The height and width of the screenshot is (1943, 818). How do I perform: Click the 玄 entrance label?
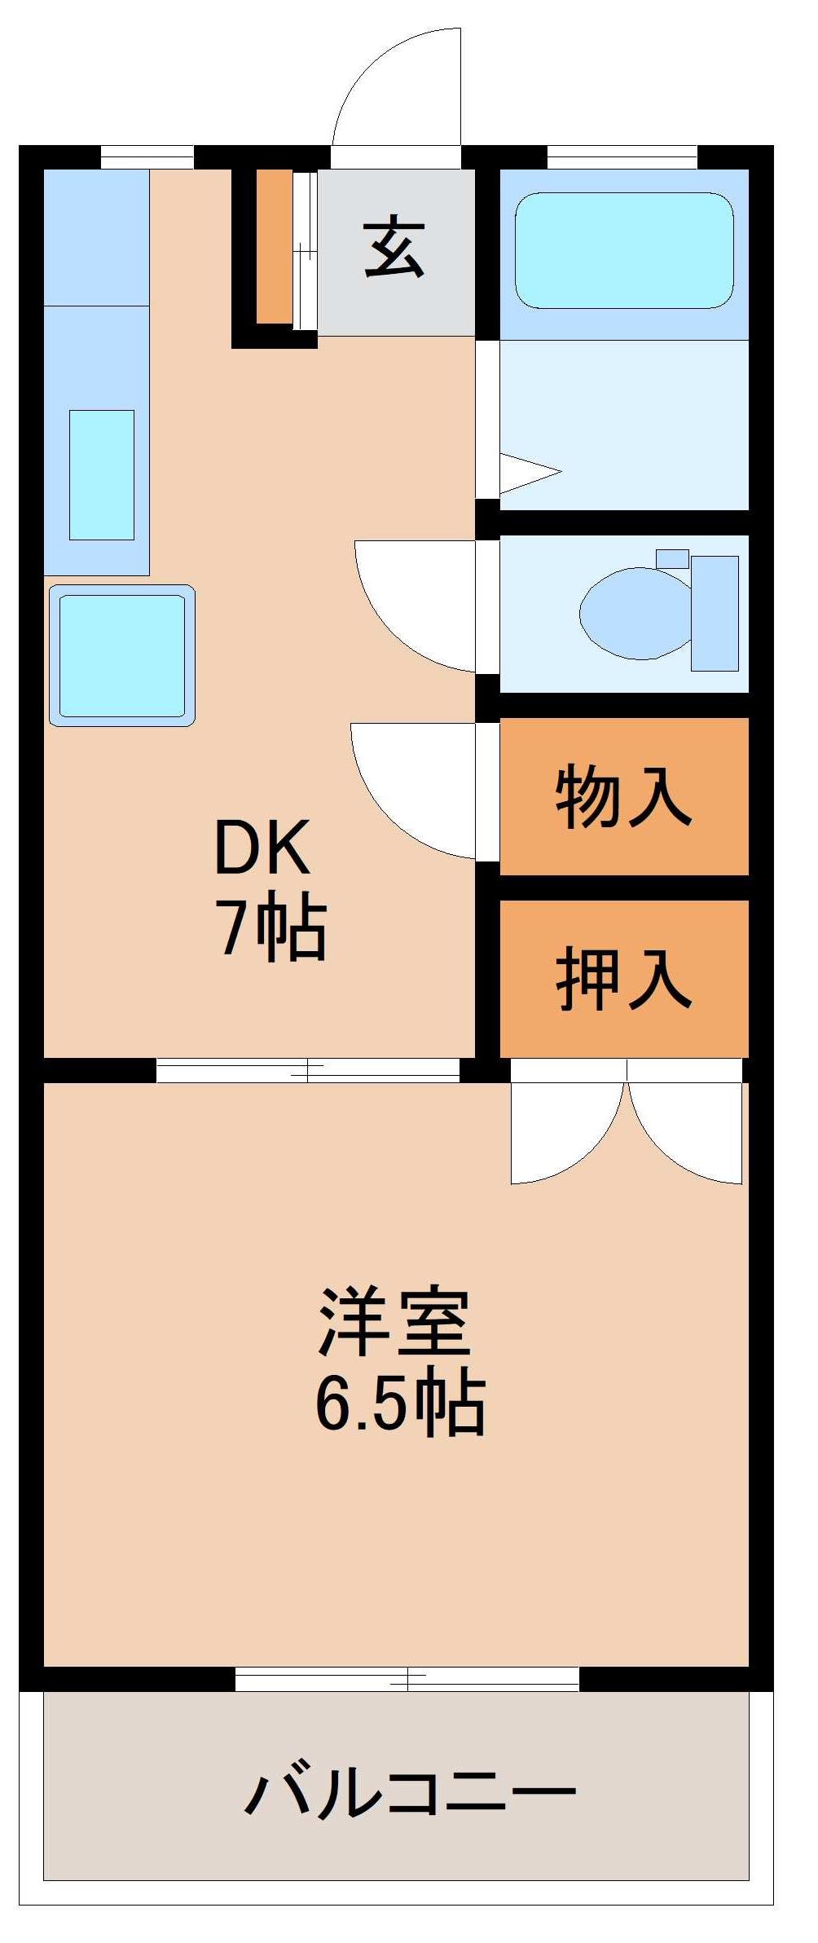pos(394,248)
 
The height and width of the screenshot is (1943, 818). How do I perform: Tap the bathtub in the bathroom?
pos(624,250)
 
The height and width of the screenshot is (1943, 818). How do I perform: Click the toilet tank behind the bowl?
pos(715,613)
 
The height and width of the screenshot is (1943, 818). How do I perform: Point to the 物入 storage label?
pos(623,795)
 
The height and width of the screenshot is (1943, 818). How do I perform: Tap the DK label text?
pos(262,848)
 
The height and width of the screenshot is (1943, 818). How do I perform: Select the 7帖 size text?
pos(270,929)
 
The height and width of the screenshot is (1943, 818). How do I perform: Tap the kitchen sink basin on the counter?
pos(101,474)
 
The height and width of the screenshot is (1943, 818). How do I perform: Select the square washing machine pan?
pos(121,655)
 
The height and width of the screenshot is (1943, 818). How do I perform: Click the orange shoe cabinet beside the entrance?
pos(274,245)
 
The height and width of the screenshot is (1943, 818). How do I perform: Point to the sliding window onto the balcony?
pos(407,1679)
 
